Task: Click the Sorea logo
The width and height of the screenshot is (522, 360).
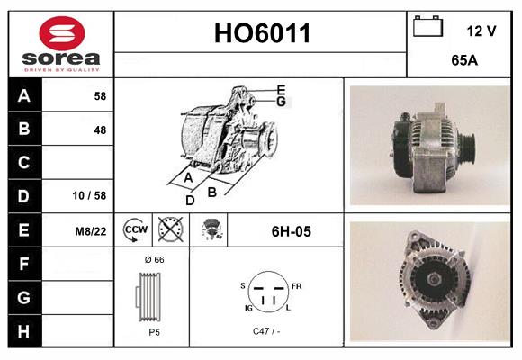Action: [61, 44]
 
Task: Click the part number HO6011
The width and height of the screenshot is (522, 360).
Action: [262, 33]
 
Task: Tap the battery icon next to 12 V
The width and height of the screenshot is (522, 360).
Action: [427, 28]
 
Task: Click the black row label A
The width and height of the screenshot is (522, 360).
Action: [24, 95]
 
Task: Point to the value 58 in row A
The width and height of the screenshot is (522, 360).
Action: [99, 95]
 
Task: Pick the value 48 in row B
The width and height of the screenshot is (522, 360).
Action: [99, 130]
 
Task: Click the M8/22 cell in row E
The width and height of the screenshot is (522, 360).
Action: [90, 231]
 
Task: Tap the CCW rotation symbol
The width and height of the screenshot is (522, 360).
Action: [135, 230]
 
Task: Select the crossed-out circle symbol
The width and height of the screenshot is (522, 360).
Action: [170, 230]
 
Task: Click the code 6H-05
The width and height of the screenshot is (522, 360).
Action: [291, 231]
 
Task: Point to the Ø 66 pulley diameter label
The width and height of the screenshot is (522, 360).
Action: [154, 259]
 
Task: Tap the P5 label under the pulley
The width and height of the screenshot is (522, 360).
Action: [154, 331]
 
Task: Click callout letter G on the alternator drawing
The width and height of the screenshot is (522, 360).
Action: [281, 102]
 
